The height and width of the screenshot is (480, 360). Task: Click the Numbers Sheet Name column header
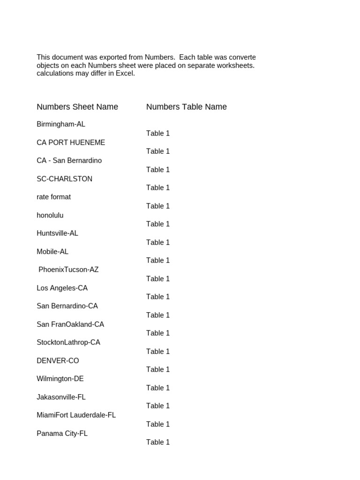coord(77,107)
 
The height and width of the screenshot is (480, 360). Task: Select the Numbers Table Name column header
coord(186,107)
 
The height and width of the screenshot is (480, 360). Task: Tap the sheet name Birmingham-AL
coord(61,124)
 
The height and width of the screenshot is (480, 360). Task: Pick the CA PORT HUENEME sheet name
coord(71,142)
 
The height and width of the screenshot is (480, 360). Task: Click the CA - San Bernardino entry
coord(69,160)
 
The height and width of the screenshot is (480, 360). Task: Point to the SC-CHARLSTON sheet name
coord(64,179)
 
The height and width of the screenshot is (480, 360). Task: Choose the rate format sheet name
coord(53,197)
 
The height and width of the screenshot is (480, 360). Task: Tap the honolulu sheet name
coord(50,215)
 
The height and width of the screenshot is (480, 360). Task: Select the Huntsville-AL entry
coord(57,233)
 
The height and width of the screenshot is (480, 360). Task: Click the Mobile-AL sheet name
coord(52,251)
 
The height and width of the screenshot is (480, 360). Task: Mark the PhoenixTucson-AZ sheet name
coord(68,270)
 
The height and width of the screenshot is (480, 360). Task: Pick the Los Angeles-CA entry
coord(62,288)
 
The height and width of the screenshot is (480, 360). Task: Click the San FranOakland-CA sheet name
coord(70,324)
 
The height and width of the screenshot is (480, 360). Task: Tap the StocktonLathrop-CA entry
coord(68,342)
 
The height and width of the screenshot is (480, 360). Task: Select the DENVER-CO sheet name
coord(58,360)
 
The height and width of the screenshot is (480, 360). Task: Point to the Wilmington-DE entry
coord(60,378)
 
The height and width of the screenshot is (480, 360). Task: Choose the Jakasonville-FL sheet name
coord(61,397)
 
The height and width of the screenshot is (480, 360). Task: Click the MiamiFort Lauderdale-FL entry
coord(76,415)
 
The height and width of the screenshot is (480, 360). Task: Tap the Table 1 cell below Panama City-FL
coord(158,442)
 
